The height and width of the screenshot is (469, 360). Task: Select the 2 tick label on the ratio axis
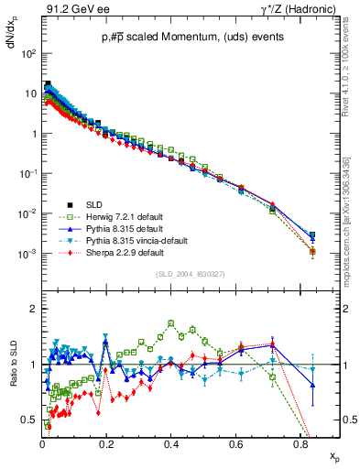coord(33,310)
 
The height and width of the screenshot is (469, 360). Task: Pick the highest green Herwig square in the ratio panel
coord(171,322)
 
